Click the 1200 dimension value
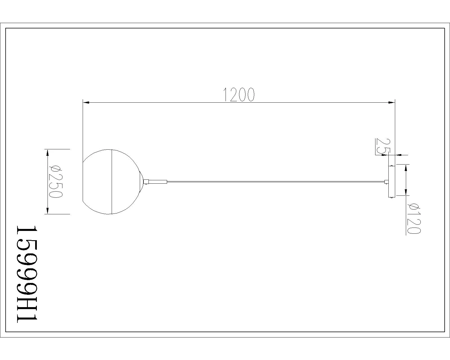[239, 94]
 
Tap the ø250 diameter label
[56, 182]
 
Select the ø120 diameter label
[414, 219]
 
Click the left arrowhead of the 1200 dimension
[86, 102]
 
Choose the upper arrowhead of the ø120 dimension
[406, 168]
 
